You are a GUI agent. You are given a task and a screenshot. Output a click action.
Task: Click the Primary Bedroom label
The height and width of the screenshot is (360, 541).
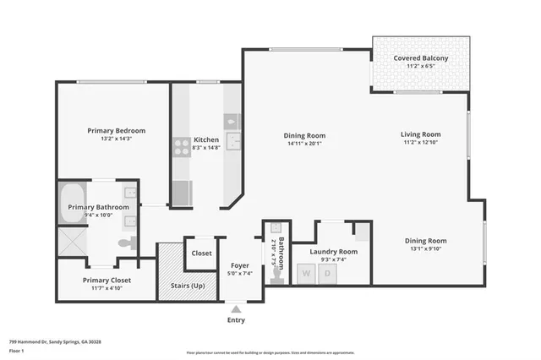[x=117, y=131]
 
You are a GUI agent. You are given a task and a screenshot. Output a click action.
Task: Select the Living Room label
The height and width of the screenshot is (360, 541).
[x=420, y=134]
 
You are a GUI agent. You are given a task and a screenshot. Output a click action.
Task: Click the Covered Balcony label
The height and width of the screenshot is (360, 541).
[x=420, y=58]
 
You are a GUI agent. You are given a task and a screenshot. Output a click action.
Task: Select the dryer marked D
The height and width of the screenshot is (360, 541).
[x=326, y=273]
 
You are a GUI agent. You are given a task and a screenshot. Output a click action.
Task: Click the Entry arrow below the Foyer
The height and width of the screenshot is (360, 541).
[x=236, y=308]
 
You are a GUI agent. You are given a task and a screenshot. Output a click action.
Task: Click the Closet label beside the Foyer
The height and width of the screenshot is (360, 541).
[x=201, y=253]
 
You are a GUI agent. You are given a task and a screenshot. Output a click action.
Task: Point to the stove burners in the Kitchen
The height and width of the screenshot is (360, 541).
[x=182, y=147]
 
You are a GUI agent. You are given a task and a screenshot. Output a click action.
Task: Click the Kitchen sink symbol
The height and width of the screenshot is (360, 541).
[x=233, y=141]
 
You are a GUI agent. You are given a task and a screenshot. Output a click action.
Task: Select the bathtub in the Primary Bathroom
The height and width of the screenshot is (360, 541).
[x=72, y=203]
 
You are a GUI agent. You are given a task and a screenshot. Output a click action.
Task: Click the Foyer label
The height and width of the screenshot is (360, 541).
[x=239, y=265]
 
